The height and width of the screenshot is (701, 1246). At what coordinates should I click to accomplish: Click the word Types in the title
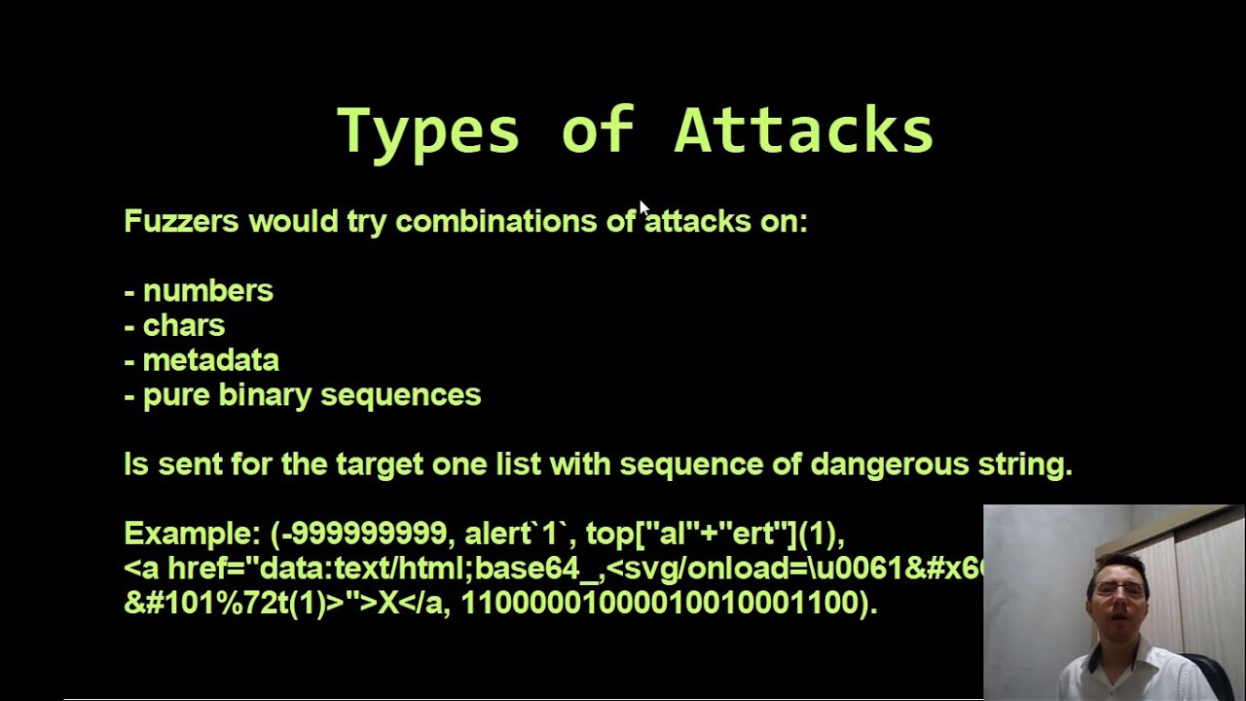point(428,131)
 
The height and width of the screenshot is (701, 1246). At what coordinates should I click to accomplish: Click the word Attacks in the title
point(804,131)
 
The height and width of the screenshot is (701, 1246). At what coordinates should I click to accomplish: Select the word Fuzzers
point(181,221)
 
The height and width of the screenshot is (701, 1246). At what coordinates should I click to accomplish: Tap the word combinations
point(495,221)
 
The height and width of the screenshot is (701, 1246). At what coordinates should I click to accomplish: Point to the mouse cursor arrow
point(643,207)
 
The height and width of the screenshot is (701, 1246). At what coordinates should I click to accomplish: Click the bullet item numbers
point(207,291)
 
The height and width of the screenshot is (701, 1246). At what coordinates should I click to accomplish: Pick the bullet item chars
point(184,325)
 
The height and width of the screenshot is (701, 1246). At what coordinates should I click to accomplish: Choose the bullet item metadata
point(210,360)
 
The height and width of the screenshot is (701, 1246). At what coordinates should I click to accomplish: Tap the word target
point(380,464)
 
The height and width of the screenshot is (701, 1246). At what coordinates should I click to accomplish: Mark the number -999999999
point(362,534)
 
